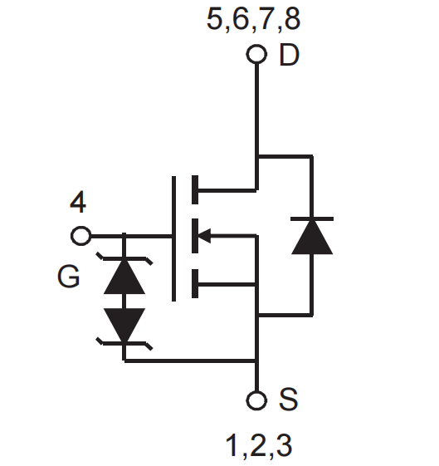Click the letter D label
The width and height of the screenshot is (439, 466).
[289, 55]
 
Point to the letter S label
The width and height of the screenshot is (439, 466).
[288, 399]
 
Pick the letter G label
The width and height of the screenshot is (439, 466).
[69, 277]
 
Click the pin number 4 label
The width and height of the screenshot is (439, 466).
[78, 202]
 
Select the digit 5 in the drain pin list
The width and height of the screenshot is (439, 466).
[215, 19]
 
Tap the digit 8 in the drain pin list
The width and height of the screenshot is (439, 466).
[292, 19]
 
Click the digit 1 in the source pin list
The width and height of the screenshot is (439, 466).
[232, 445]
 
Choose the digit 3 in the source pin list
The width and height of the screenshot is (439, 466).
[285, 445]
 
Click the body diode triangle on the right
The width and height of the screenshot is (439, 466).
[312, 238]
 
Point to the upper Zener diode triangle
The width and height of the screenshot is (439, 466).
[124, 277]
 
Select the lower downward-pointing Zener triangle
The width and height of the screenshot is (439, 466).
[124, 325]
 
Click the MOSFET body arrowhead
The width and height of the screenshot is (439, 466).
[204, 236]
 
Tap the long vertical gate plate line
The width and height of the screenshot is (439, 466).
[173, 238]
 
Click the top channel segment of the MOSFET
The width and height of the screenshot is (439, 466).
[195, 190]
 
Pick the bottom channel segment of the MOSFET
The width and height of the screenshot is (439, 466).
[195, 283]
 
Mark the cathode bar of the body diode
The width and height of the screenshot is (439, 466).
[312, 218]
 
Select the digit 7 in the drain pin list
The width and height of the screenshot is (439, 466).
[266, 19]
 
